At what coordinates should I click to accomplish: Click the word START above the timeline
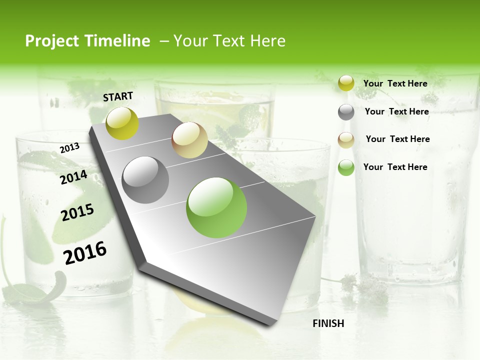[x=118, y=96]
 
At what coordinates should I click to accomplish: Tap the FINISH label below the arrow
[x=328, y=323]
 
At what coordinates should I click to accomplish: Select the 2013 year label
[x=70, y=148]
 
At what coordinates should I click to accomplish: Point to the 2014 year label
[x=73, y=177]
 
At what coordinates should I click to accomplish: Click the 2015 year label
[x=77, y=212]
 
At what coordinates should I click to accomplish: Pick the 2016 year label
[x=85, y=253]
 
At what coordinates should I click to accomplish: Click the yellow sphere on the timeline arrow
[x=122, y=123]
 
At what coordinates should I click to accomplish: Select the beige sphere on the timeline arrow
[x=189, y=140]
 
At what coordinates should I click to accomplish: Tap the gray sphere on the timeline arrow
[x=145, y=180]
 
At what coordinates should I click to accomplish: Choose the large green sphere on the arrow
[x=216, y=207]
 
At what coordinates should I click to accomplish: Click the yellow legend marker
[x=346, y=83]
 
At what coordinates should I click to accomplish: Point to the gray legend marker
[x=346, y=112]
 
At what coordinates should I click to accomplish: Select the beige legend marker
[x=346, y=140]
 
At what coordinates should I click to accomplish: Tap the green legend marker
[x=346, y=167]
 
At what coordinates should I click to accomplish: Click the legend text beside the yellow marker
[x=395, y=83]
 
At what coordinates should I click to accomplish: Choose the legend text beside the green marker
[x=395, y=167]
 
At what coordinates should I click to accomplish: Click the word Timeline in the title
[x=116, y=41]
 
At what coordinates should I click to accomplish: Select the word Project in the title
[x=51, y=41]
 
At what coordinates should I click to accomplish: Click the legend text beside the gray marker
[x=396, y=111]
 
